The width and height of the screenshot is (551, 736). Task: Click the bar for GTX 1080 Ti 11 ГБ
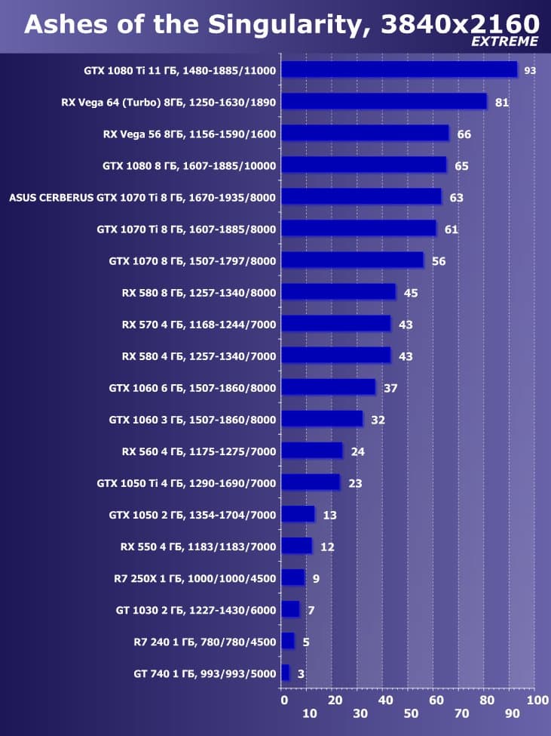399,70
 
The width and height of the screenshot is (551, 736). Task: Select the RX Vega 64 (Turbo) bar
384,102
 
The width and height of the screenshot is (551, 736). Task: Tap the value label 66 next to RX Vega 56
464,134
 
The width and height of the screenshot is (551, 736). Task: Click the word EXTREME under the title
505,42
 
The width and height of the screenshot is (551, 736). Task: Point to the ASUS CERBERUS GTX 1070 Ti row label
142,198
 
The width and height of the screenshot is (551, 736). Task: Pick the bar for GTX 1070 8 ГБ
352,260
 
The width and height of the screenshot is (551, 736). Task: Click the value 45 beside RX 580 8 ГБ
410,293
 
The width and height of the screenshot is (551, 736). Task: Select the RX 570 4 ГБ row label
199,325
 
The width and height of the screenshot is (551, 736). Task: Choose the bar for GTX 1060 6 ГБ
328,387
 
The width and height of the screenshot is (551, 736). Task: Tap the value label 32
378,420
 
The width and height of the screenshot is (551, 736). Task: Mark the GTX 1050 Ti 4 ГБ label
187,483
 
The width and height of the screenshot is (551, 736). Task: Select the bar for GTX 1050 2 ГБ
298,515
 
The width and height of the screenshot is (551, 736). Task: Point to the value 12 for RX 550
327,547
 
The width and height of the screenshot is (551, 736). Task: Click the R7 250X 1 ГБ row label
194,579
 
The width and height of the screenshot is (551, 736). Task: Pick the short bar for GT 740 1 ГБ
285,673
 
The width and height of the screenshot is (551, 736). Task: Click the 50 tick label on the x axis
411,714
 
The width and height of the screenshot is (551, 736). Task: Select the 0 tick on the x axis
283,701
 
